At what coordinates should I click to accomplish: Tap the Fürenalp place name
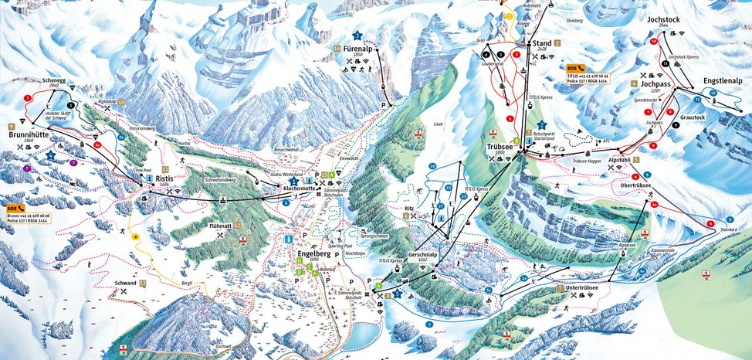tap(359, 47)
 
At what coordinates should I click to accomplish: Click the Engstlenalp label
tap(723, 80)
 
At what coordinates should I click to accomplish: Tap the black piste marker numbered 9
tap(675, 124)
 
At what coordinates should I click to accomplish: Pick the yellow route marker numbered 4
tap(134, 236)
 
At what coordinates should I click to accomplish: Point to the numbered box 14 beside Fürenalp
tap(337, 48)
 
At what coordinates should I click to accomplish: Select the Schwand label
tap(125, 284)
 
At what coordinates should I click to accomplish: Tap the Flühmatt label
tap(220, 226)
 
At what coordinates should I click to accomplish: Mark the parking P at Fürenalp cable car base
tap(383, 104)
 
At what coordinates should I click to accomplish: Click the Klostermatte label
tap(300, 188)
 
